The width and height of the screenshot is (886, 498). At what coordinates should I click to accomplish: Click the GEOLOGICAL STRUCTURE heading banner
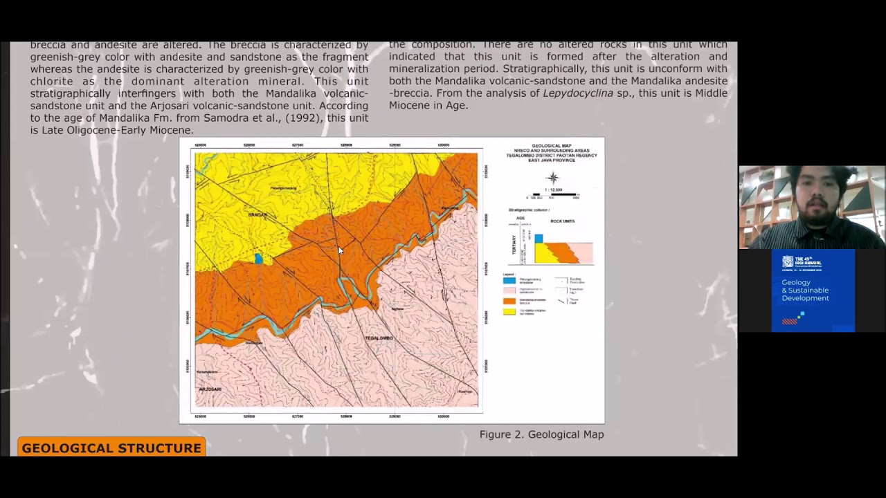(x=111, y=448)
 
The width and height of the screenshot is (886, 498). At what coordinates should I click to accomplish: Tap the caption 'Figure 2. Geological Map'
(x=541, y=434)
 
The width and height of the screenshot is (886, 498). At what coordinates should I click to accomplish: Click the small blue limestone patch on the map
(x=258, y=259)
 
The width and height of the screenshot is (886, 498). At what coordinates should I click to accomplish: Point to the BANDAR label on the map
(x=257, y=215)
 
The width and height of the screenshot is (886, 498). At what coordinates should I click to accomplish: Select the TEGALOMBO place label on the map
(x=379, y=338)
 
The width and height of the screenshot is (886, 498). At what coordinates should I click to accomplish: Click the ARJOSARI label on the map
(x=210, y=389)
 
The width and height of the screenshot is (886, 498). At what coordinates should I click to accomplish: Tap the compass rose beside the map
(x=552, y=178)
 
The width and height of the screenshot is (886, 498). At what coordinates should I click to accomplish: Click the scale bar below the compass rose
(x=552, y=196)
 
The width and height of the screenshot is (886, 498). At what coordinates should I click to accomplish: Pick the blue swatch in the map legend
(x=509, y=280)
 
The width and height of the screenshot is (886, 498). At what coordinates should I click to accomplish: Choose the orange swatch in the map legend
(x=509, y=301)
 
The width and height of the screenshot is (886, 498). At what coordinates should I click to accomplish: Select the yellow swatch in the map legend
(x=509, y=311)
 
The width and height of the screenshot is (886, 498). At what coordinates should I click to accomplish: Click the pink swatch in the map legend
(x=509, y=290)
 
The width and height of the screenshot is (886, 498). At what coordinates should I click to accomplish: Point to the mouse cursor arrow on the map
(x=340, y=250)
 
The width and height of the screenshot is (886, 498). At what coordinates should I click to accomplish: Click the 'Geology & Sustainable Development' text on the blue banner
(x=805, y=290)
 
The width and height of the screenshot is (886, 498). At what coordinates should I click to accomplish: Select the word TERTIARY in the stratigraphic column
(x=513, y=248)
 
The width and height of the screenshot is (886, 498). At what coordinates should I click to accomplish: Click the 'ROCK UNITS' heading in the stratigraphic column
(x=562, y=221)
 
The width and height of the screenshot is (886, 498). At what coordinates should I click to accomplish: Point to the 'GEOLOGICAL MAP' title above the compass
(x=552, y=146)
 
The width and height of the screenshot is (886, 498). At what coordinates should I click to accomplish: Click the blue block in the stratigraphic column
(x=539, y=239)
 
